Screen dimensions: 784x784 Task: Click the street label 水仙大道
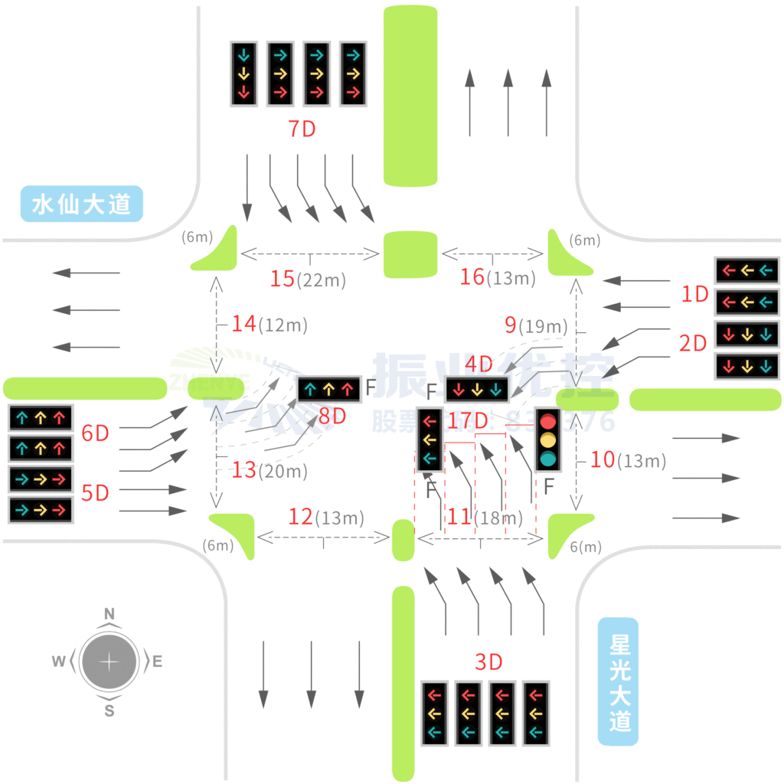click(82, 204)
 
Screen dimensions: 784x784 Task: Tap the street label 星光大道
click(619, 681)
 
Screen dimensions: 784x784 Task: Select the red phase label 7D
click(302, 129)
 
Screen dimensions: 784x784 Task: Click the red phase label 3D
click(488, 661)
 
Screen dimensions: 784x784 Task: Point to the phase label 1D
click(695, 294)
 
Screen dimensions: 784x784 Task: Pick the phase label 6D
click(96, 433)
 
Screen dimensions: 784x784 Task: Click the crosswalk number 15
click(283, 279)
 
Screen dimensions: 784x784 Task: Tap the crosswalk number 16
click(472, 276)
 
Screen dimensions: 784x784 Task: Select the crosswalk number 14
click(243, 324)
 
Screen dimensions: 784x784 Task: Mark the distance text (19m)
click(543, 327)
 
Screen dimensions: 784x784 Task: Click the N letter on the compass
click(109, 614)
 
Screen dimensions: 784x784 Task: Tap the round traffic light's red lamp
click(547, 422)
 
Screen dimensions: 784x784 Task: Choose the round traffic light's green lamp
click(547, 459)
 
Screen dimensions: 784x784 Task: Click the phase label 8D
click(332, 416)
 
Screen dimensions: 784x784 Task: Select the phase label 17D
click(468, 420)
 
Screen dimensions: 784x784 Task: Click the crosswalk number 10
click(603, 459)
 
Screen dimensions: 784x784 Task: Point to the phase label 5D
click(96, 493)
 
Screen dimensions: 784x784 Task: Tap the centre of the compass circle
click(109, 661)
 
